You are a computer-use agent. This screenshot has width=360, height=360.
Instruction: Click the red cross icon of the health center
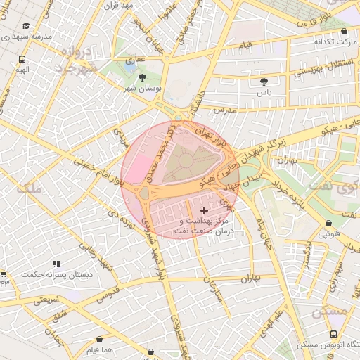tap(205, 210)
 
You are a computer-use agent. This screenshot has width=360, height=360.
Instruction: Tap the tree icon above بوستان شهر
tap(143, 77)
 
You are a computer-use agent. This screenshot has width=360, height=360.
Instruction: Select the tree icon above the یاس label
tap(264, 82)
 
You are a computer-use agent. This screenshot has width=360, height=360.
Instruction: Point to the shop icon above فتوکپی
tap(326, 223)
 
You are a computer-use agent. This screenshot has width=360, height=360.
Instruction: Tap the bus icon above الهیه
tap(23, 60)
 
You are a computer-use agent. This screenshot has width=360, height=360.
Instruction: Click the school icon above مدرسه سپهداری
tap(26, 25)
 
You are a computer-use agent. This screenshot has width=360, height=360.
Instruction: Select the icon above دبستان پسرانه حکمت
tap(56, 264)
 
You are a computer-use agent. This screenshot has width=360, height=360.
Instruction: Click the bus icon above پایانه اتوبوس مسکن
tap(333, 335)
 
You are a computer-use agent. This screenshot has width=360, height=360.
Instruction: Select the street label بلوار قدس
tap(316, 20)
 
